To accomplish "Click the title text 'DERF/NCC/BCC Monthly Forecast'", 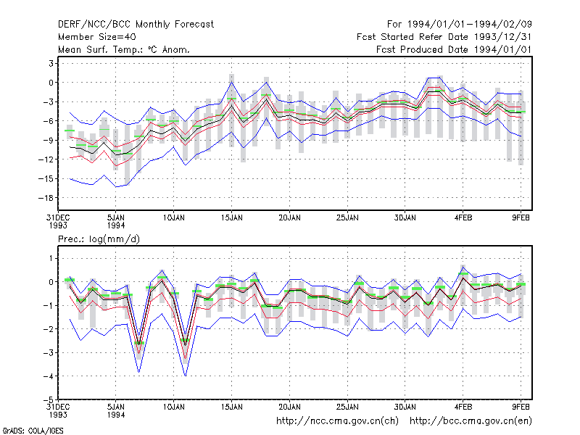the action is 136,25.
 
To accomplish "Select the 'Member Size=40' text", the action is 97,37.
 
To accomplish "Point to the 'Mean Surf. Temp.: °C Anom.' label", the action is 124,49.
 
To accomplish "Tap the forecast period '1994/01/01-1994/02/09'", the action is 469,25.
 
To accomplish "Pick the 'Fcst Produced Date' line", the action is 454,49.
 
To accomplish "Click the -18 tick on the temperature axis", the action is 46,198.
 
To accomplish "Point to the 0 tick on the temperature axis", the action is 51,83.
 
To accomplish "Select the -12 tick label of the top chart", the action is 46,159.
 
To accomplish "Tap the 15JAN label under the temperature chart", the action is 231,218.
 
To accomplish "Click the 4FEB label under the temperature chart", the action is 463,218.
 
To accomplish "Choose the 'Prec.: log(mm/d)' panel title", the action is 99,239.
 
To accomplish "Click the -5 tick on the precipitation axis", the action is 49,399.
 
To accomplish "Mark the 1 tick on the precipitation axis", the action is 51,258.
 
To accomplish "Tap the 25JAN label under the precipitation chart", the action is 347,407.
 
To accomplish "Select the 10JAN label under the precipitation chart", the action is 173,407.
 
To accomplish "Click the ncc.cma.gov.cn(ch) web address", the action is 337,421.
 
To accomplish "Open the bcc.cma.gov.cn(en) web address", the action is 471,421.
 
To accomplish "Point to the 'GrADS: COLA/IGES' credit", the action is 33,431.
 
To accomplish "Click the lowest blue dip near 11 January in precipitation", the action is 186,376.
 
